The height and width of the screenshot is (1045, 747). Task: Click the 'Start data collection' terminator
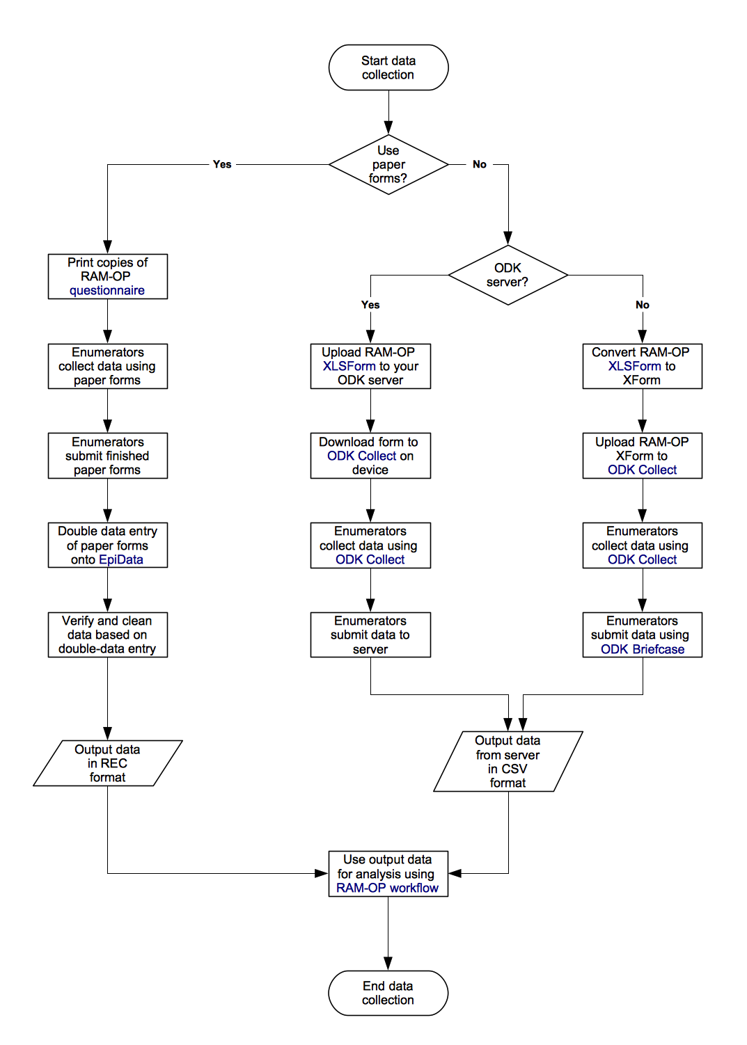tap(388, 67)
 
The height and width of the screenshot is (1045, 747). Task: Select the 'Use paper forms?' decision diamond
tap(388, 165)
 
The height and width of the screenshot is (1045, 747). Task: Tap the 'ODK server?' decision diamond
tap(508, 275)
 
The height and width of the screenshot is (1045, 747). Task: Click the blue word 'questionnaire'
tap(107, 291)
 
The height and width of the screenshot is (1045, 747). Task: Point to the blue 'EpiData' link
tap(121, 560)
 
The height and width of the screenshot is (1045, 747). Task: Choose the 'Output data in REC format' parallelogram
tap(107, 763)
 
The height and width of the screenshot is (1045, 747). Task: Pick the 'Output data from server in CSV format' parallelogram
tap(508, 761)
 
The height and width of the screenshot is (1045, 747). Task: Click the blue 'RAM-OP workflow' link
tap(387, 888)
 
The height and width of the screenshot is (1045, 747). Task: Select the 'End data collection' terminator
tap(388, 993)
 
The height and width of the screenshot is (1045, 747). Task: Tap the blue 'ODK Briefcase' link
tap(642, 650)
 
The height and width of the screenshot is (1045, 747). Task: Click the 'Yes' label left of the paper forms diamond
tap(222, 165)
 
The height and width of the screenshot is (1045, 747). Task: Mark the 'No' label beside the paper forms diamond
tap(480, 165)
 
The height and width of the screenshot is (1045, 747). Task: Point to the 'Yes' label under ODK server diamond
tap(370, 305)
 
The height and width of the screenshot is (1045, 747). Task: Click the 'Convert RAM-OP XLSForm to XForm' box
tap(642, 366)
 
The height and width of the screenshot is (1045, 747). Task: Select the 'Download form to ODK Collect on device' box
tap(370, 456)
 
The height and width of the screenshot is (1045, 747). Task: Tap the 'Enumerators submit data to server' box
tap(370, 635)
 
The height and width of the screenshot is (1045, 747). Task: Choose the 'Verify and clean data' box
tap(107, 635)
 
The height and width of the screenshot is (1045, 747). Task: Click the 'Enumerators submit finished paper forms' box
tap(107, 456)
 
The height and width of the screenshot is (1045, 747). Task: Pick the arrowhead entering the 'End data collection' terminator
tap(388, 964)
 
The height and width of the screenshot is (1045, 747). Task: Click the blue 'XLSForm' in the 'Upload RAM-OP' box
tap(349, 367)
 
